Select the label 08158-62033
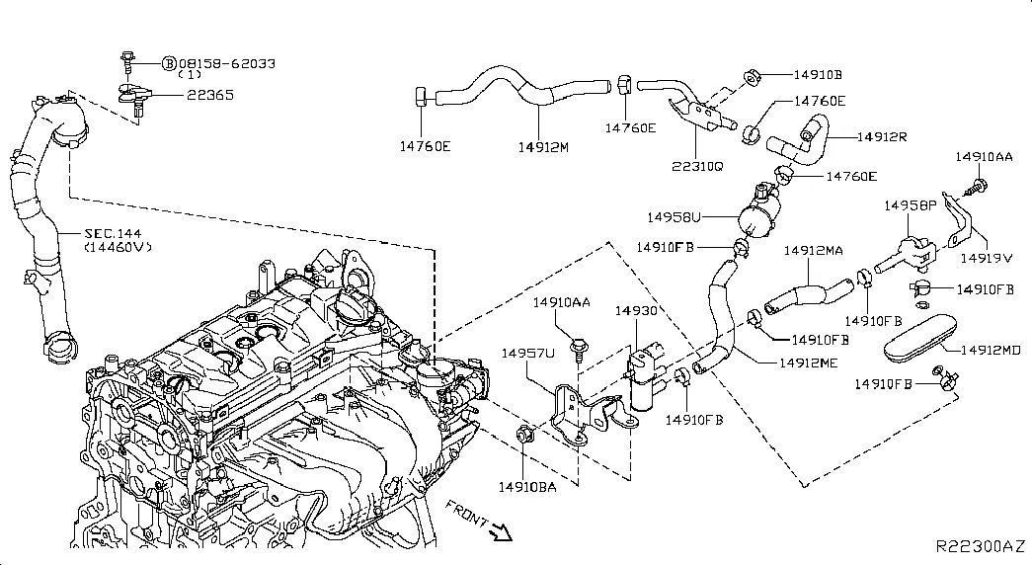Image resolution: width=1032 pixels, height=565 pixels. coord(226,63)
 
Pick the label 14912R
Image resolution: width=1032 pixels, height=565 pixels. coord(882,136)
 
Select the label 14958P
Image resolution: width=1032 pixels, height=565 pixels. coord(911,205)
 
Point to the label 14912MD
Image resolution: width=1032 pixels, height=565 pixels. coord(991,350)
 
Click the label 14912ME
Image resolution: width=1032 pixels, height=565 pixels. coord(810,363)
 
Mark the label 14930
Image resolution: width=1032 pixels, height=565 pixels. coord(636,310)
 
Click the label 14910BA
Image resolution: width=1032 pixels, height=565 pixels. coord(526,486)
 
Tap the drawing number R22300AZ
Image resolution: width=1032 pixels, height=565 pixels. coord(981,545)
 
